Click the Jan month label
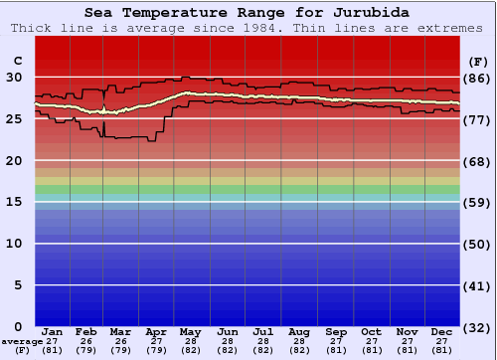(53, 331)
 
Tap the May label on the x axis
(190, 331)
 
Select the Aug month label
(299, 331)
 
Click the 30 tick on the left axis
(15, 78)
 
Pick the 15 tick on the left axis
(15, 202)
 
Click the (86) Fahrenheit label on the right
(478, 79)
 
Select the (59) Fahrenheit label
(478, 203)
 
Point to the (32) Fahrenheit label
(478, 327)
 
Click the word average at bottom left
(21, 341)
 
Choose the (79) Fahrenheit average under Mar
(121, 350)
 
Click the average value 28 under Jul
(263, 341)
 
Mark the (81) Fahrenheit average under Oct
(372, 350)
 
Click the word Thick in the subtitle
(33, 28)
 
